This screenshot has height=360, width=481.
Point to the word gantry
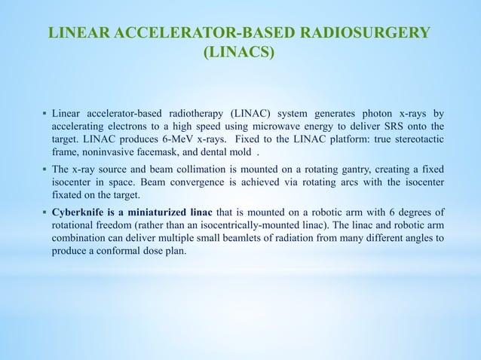(336, 168)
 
